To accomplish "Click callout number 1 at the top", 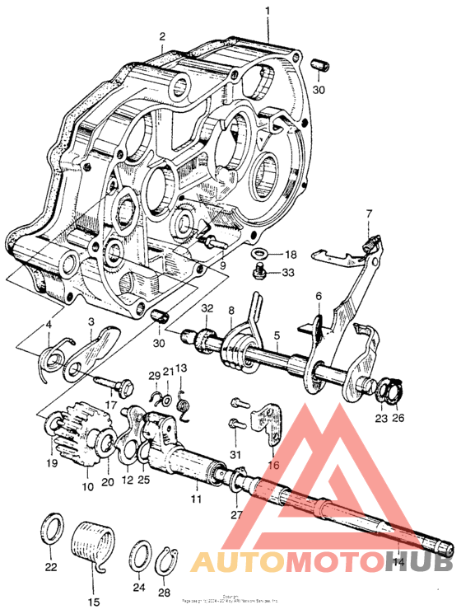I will click(x=267, y=12).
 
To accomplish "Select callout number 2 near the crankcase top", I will click(x=162, y=36).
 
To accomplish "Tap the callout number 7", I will click(x=368, y=214).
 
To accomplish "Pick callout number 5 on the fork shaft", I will click(x=277, y=335).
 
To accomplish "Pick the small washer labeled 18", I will click(x=258, y=253).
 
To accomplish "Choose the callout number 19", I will click(x=53, y=463).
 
